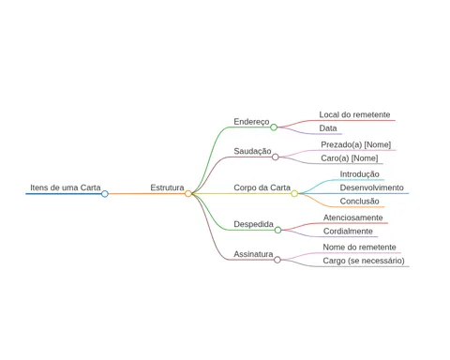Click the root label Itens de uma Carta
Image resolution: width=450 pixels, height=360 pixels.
[x=66, y=187]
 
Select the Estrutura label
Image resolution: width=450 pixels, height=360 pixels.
[x=167, y=187]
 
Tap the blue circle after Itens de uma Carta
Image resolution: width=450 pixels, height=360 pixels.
[x=105, y=194]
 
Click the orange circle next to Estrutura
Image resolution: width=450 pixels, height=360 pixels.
[x=187, y=194]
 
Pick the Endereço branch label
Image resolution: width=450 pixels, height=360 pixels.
[x=251, y=122]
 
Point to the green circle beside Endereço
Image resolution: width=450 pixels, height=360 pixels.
[x=274, y=127]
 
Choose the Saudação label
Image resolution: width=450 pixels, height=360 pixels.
[x=252, y=151]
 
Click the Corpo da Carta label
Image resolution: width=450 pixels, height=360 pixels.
[x=262, y=187]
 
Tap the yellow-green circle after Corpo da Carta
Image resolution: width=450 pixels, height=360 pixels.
[x=294, y=194]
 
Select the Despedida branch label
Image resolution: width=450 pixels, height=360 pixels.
[x=254, y=224]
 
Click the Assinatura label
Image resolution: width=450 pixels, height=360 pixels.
[x=253, y=254]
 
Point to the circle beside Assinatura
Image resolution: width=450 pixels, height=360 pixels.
[x=277, y=260]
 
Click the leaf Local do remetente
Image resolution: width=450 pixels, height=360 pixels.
[x=354, y=114]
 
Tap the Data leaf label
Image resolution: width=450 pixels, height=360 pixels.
[x=328, y=128]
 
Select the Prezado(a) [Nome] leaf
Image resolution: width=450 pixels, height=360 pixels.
[x=356, y=144]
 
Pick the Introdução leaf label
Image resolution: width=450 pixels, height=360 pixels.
[x=360, y=174]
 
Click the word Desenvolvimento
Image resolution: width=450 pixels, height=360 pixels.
[x=372, y=187]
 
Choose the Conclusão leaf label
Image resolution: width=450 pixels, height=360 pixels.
[x=360, y=201]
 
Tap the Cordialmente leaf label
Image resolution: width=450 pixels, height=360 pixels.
[x=348, y=232]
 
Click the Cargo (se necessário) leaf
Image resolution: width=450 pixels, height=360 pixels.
[x=364, y=261]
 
